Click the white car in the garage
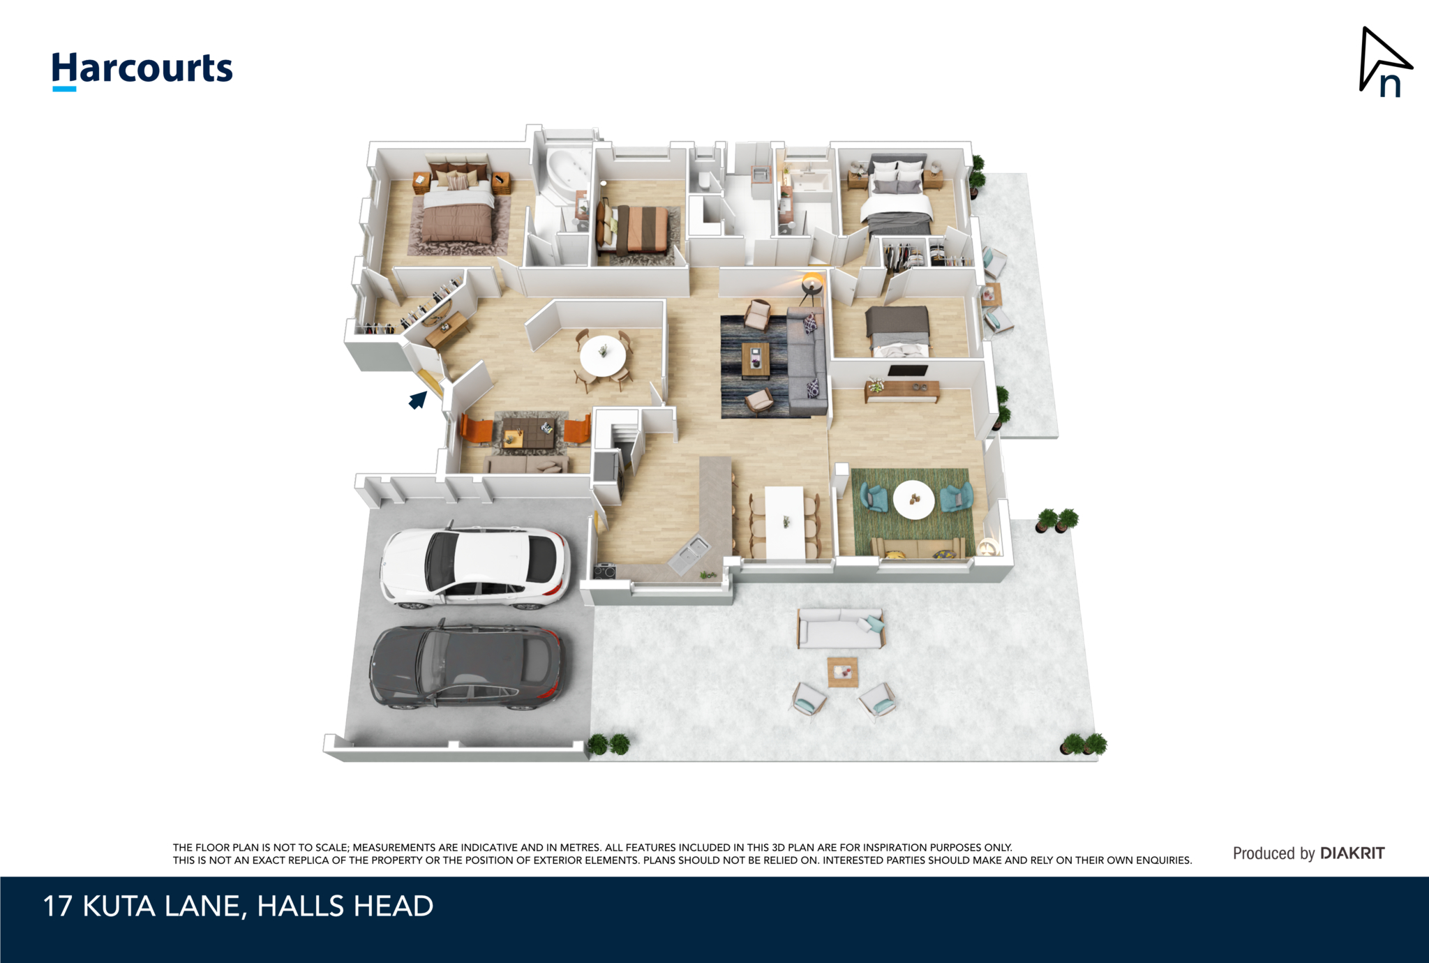click(474, 566)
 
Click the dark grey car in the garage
click(465, 666)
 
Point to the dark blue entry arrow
click(417, 400)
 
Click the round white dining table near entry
click(603, 356)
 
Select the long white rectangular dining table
click(786, 523)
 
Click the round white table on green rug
click(913, 500)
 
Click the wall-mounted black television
click(908, 371)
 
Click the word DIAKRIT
click(1352, 853)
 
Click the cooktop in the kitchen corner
click(604, 572)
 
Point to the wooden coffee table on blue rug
click(755, 359)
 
